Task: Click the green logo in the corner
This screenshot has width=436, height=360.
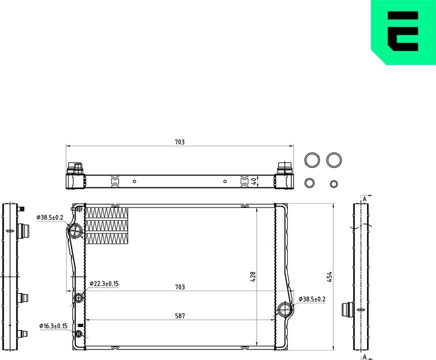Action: [403, 31]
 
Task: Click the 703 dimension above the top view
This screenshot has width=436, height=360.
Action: [180, 142]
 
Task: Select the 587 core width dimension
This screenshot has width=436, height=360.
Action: [180, 315]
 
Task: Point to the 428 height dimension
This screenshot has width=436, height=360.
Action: [253, 276]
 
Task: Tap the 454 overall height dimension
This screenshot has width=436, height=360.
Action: [330, 276]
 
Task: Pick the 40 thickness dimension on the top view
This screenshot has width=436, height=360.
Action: [254, 181]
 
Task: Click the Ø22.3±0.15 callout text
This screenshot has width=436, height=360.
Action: [104, 284]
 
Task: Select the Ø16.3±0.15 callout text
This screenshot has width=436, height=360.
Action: [54, 326]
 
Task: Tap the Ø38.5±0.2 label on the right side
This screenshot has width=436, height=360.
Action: [312, 299]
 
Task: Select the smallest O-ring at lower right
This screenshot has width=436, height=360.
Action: [334, 183]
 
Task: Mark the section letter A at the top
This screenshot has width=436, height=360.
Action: [364, 199]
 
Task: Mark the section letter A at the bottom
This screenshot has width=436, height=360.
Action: [364, 355]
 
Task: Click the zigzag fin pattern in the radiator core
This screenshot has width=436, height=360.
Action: [107, 225]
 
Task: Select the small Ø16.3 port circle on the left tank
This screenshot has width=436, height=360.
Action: [79, 333]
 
